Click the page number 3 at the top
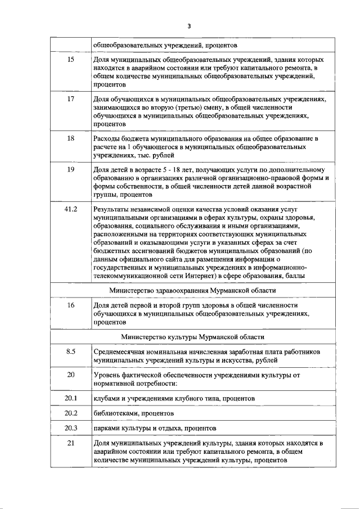click(190, 26)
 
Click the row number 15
click(71, 59)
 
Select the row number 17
click(71, 98)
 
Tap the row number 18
click(71, 138)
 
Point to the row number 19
click(71, 169)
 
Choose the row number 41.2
click(71, 209)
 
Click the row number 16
click(71, 305)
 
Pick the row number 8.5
click(71, 352)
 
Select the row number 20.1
click(71, 398)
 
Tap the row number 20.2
click(71, 413)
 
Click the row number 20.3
click(71, 428)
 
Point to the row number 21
click(71, 443)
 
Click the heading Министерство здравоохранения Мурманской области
click(192, 290)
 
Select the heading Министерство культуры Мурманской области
click(192, 336)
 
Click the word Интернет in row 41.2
click(201, 276)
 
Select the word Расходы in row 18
click(109, 138)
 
